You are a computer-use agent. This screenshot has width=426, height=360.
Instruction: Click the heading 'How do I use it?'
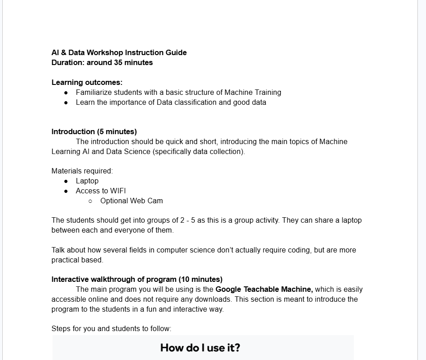pyautogui.click(x=200, y=347)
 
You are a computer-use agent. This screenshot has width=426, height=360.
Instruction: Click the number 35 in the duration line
pyautogui.click(x=119, y=62)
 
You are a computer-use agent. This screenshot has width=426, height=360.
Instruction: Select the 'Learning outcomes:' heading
pyautogui.click(x=87, y=82)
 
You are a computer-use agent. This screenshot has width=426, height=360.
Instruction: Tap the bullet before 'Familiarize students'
pyautogui.click(x=66, y=93)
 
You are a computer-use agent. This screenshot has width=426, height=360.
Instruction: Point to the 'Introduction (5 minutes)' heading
pyautogui.click(x=94, y=131)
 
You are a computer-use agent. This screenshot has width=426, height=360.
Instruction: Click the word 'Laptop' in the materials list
pyautogui.click(x=87, y=181)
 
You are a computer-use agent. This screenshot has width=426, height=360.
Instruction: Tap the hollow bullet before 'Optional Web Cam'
pyautogui.click(x=90, y=201)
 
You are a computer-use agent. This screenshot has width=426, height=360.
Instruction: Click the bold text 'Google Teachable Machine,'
pyautogui.click(x=264, y=289)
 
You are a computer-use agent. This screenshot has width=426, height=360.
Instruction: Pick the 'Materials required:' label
pyautogui.click(x=82, y=171)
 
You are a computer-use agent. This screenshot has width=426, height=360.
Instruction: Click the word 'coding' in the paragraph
pyautogui.click(x=299, y=250)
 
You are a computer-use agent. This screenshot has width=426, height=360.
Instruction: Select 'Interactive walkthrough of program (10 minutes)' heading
pyautogui.click(x=137, y=279)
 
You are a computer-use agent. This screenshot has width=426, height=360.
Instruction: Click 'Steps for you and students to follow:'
pyautogui.click(x=111, y=328)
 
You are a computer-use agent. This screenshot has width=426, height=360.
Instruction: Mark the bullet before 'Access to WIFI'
pyautogui.click(x=66, y=191)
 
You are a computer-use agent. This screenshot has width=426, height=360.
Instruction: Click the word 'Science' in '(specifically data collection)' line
pyautogui.click(x=138, y=151)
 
